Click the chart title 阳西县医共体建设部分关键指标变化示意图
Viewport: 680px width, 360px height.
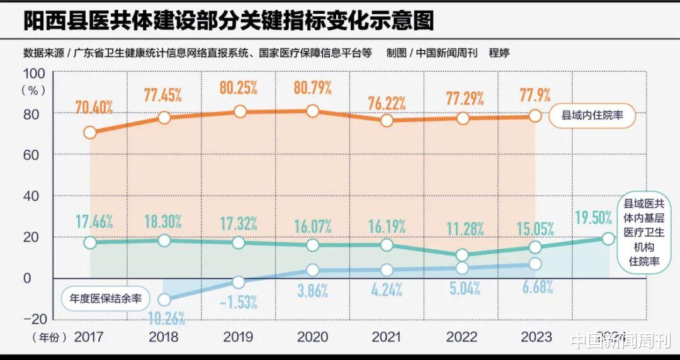[x=229, y=21]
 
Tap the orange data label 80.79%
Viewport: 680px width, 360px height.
[x=313, y=88]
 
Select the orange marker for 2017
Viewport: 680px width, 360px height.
[x=90, y=132]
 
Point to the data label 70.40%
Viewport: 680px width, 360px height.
[x=94, y=107]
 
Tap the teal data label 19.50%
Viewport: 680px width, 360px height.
[x=594, y=218]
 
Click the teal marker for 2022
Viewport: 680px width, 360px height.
[x=462, y=255]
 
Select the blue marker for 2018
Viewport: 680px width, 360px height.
[x=164, y=300]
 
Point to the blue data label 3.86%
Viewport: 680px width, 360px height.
[x=313, y=290]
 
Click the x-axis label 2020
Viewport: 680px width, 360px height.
[x=313, y=337]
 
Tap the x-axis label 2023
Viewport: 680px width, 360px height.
[x=536, y=337]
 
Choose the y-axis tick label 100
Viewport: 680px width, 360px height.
[x=34, y=72]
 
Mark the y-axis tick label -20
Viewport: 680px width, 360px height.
[x=34, y=318]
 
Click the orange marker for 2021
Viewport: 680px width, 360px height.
[x=387, y=120]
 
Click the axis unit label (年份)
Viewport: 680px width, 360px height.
[x=49, y=338]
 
